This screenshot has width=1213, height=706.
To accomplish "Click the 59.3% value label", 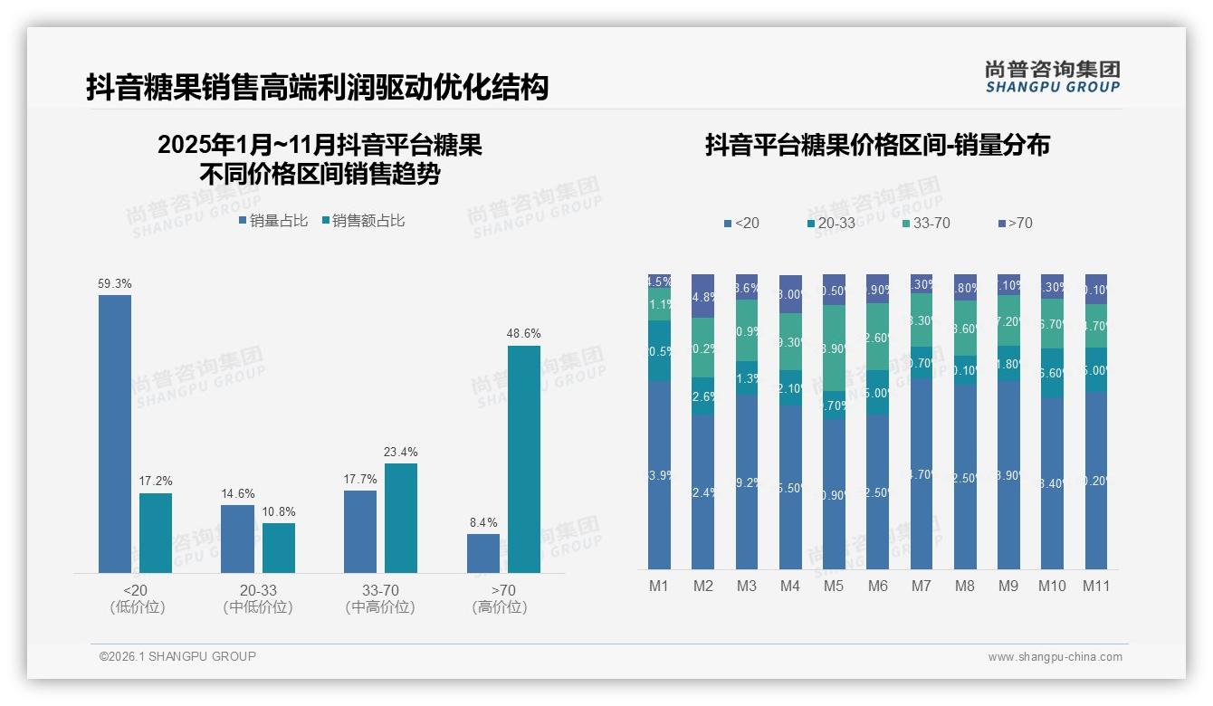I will pyautogui.click(x=115, y=284).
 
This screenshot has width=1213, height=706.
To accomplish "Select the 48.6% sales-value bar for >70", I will pyautogui.click(x=523, y=459).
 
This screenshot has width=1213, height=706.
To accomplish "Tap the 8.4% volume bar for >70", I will pyautogui.click(x=483, y=553).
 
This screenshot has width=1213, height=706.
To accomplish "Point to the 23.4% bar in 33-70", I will pyautogui.click(x=401, y=518).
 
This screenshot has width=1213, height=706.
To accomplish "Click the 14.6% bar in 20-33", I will pyautogui.click(x=238, y=539).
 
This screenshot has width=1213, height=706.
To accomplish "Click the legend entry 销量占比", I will pyautogui.click(x=273, y=221).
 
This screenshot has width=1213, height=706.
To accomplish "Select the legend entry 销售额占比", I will pyautogui.click(x=363, y=221).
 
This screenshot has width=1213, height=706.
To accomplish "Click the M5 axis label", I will pyautogui.click(x=834, y=586).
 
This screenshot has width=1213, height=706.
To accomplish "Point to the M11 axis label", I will pyautogui.click(x=1096, y=586).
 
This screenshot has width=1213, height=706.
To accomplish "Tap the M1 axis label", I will pyautogui.click(x=659, y=586).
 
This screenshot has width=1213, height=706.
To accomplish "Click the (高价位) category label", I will pyautogui.click(x=500, y=607).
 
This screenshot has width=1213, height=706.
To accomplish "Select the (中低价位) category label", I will pyautogui.click(x=258, y=607).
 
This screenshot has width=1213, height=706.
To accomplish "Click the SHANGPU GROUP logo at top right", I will pyautogui.click(x=1052, y=77).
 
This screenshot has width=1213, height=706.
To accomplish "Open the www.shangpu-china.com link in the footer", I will pyautogui.click(x=1055, y=657).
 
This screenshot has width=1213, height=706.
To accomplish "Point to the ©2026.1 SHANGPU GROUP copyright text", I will pyautogui.click(x=177, y=656).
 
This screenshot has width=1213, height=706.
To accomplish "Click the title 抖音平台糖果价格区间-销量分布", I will pyautogui.click(x=877, y=146).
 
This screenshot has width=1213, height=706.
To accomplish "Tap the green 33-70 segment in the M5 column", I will pyautogui.click(x=834, y=348).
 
